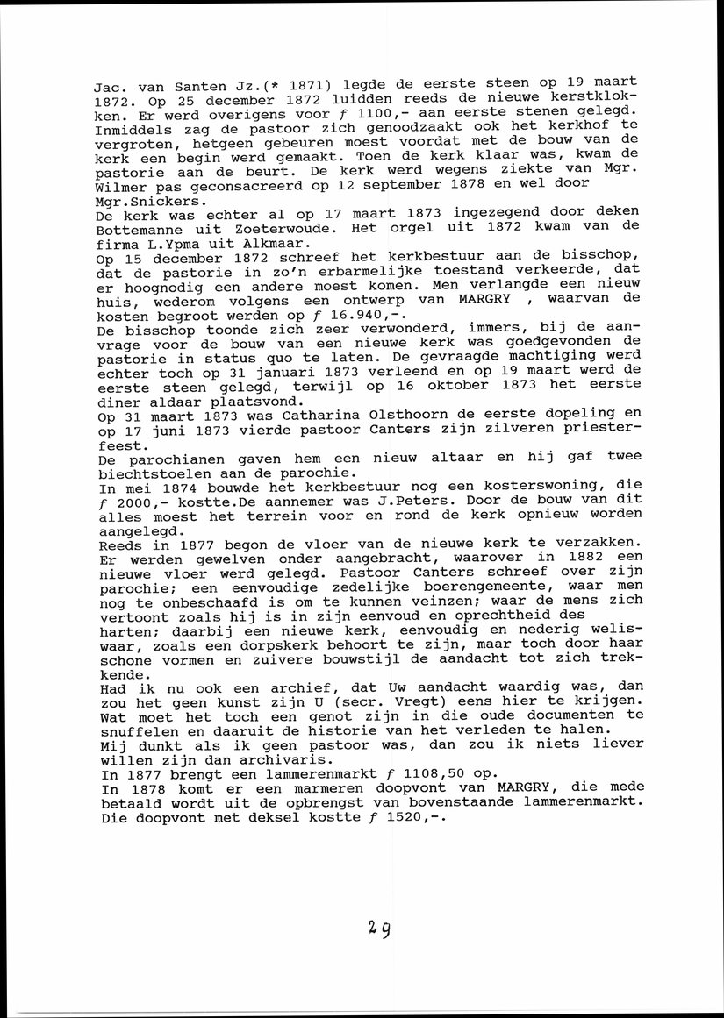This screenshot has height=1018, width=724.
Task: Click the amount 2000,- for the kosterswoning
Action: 140,499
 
